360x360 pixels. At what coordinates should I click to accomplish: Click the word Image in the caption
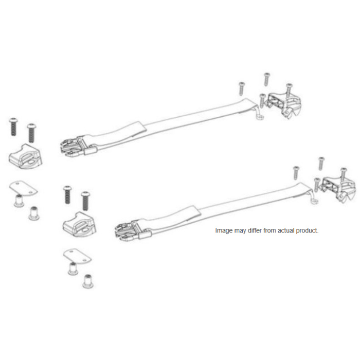click(x=223, y=231)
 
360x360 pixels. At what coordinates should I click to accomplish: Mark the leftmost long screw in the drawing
click(x=13, y=127)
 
